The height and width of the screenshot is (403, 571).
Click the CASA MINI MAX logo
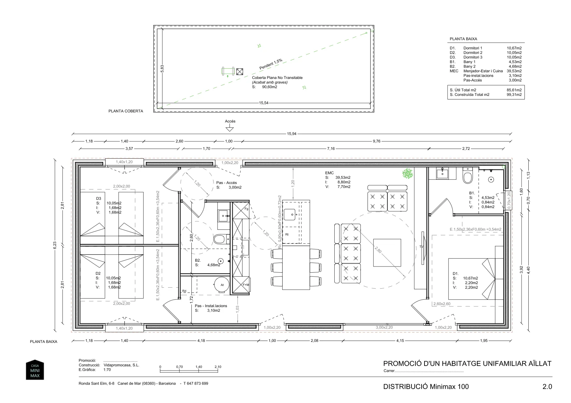[x=35, y=370]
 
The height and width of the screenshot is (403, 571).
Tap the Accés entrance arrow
[x=230, y=129]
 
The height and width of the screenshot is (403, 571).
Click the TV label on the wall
[x=421, y=247]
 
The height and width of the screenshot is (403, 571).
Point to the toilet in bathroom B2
[x=220, y=240]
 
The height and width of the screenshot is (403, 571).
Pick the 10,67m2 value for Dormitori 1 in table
[x=514, y=48]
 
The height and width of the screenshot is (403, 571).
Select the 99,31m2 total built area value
[x=514, y=95]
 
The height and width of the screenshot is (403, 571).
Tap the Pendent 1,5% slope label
[x=271, y=64]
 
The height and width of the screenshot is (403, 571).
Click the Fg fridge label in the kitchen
[x=246, y=209]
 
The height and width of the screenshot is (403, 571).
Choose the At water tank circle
[x=222, y=285]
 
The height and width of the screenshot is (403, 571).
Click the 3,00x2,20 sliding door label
[x=384, y=328]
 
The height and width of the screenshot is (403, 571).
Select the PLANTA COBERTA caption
[x=126, y=111]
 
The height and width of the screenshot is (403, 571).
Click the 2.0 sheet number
[x=547, y=387]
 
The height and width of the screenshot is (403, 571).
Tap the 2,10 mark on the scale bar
[x=218, y=367]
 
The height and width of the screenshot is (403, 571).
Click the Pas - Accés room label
[x=227, y=183]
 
